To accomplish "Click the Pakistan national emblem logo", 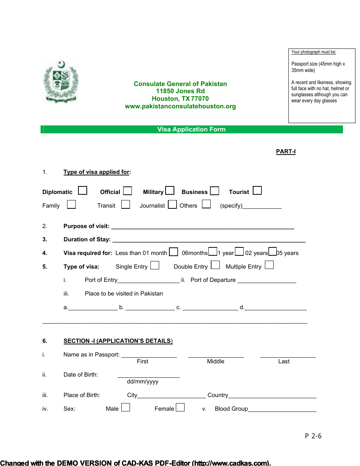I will tap(61, 82).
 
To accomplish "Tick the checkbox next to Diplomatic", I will tap(83, 191).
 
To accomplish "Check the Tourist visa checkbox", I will tap(257, 191).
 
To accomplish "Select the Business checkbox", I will tap(215, 191).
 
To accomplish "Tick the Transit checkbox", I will tap(126, 205).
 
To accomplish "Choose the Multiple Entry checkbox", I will tap(269, 265).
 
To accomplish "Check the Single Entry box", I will tap(155, 265).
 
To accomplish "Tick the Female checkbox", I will tap(180, 408).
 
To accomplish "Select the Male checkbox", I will tap(126, 408).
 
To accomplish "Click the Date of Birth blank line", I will tap(149, 375).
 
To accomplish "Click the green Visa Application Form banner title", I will tap(191, 130).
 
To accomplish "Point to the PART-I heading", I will tap(286, 152).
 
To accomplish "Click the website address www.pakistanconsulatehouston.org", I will tap(180, 106).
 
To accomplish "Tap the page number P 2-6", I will tap(313, 436).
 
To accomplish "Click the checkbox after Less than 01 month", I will tap(174, 252).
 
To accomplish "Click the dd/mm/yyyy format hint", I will tap(143, 382).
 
